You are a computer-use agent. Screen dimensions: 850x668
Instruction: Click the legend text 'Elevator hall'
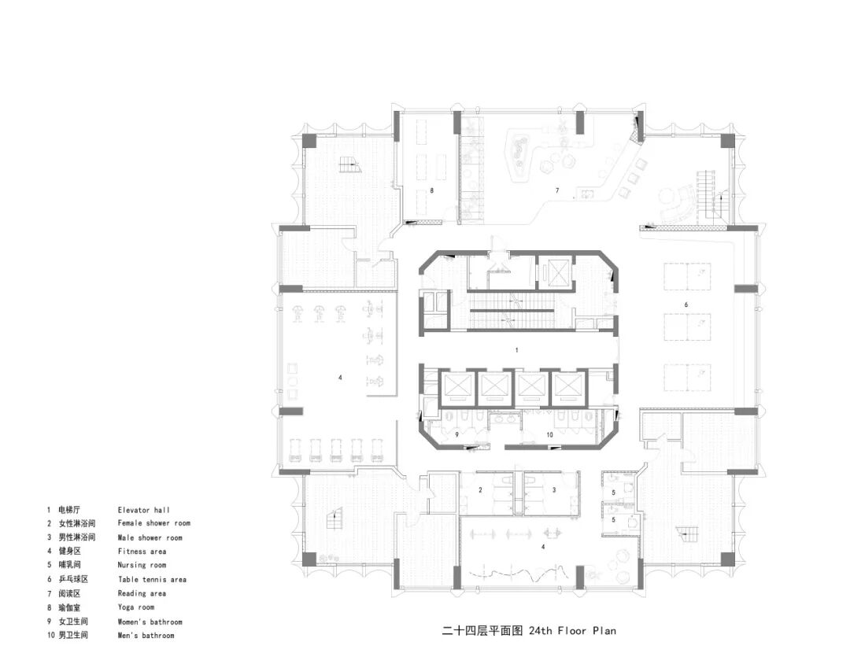144,510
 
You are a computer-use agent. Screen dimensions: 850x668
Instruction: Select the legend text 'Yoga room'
136,607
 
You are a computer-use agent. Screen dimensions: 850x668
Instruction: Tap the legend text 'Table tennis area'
153,579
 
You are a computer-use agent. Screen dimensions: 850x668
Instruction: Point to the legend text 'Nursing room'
142,565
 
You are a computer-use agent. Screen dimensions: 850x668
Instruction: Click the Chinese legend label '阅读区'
69,593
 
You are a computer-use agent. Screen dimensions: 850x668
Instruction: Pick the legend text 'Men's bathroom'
146,636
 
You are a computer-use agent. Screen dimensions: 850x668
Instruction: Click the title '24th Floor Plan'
572,630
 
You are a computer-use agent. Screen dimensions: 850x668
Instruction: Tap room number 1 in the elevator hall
516,350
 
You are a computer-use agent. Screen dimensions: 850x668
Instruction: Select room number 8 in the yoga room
431,190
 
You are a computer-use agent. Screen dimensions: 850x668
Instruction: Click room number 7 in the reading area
556,190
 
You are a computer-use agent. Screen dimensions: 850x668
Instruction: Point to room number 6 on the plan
686,304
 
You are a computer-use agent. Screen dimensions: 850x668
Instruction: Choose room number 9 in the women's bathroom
456,434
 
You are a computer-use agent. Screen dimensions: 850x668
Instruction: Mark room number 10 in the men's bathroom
549,434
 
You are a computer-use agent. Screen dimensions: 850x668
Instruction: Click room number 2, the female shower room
480,489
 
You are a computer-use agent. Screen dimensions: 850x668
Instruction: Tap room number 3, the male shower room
554,489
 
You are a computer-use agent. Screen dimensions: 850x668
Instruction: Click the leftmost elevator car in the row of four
459,387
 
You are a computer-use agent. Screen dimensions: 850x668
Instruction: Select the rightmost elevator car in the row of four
567,387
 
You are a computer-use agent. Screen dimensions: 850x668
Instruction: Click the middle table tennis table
687,327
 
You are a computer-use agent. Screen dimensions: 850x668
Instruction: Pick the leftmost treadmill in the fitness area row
292,450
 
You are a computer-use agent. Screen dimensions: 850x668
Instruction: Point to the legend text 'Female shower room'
154,522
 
